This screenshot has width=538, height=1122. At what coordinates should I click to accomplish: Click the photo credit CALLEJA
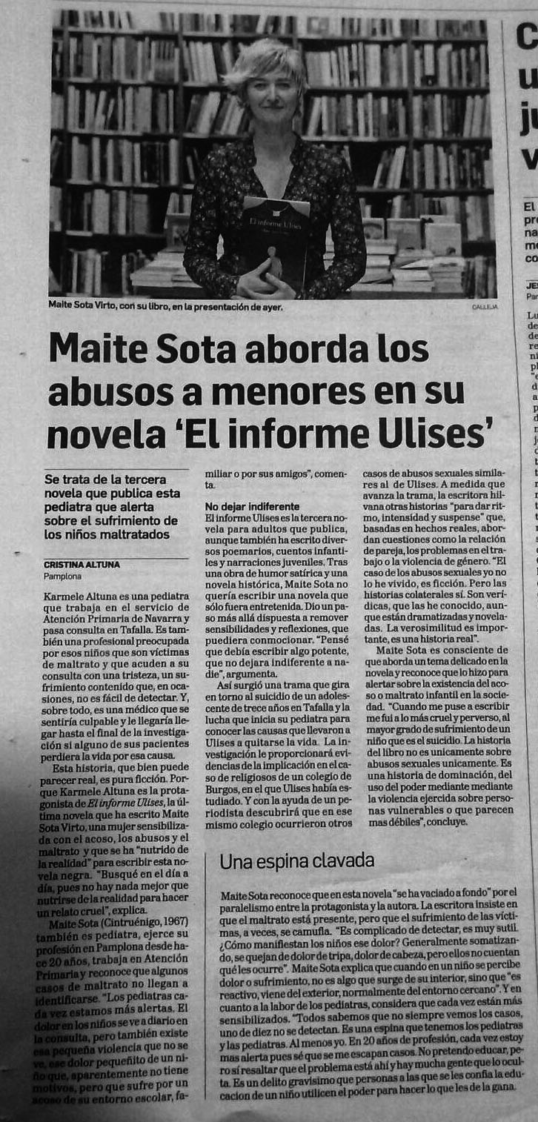(x=484, y=306)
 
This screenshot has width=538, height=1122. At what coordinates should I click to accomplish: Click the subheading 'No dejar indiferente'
(x=252, y=505)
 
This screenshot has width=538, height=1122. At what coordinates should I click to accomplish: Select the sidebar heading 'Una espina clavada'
(x=296, y=860)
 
